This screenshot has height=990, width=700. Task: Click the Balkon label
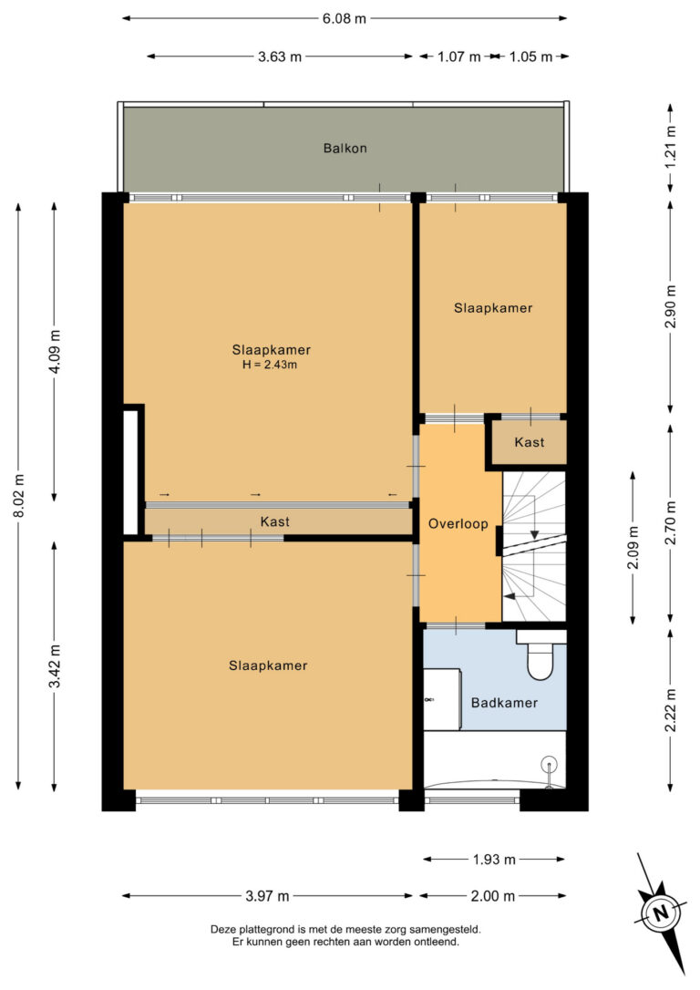(x=345, y=149)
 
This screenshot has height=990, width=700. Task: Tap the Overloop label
(x=458, y=523)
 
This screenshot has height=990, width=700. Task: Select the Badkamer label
(x=504, y=703)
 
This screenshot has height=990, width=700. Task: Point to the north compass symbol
(x=660, y=913)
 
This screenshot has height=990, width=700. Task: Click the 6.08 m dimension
(x=344, y=18)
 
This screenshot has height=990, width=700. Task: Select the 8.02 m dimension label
(x=19, y=496)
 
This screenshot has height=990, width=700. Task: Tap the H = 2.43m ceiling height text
(x=270, y=365)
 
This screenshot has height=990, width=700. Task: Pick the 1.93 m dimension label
(x=494, y=860)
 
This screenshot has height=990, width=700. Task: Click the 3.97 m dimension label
(x=267, y=896)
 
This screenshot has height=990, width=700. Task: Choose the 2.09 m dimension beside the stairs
(x=633, y=547)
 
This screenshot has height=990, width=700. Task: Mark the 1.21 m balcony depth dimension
(x=670, y=148)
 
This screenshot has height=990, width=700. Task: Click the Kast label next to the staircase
(x=529, y=442)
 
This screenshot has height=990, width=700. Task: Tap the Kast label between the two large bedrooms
(x=274, y=521)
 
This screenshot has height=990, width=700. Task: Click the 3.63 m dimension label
(x=280, y=57)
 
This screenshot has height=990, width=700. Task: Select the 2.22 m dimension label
(x=670, y=710)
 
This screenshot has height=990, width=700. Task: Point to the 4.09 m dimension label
(x=55, y=352)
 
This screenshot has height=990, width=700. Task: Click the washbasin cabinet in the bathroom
(x=442, y=699)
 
